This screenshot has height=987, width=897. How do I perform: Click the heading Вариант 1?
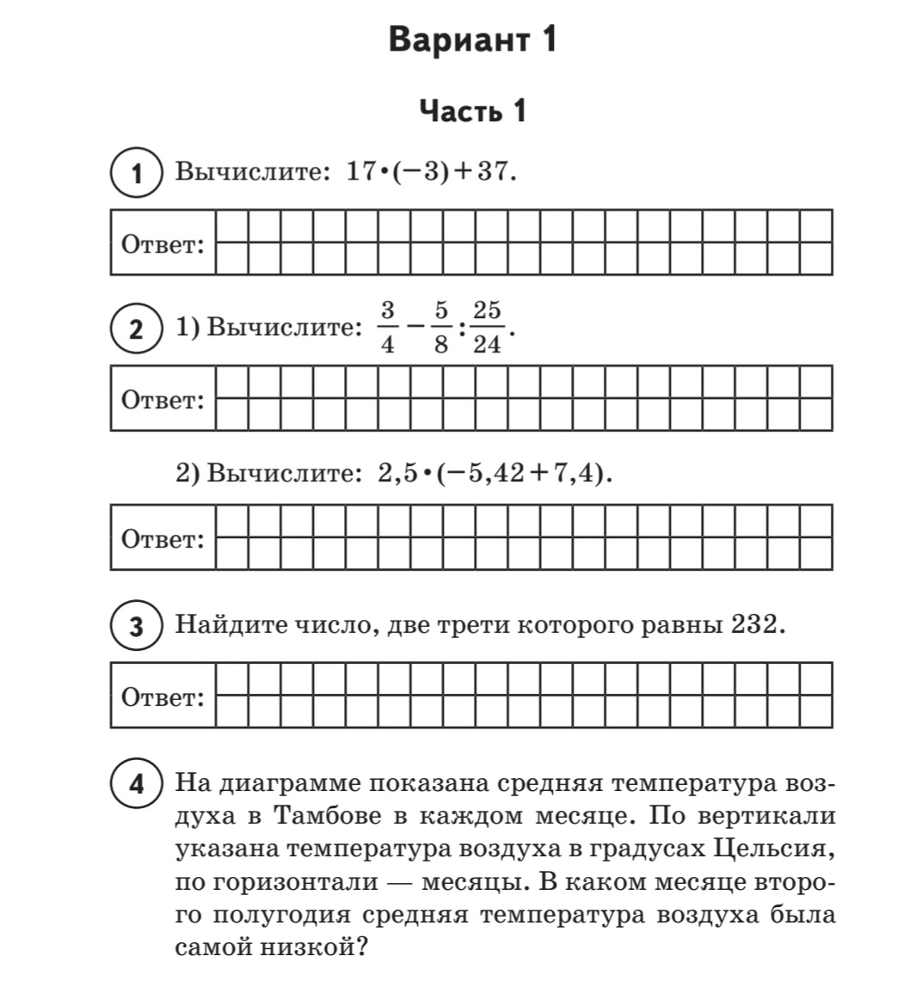point(472,40)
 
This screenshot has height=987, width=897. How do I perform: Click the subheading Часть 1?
point(472,111)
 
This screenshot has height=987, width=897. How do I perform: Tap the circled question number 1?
point(137,175)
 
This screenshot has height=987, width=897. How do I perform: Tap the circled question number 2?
point(137,329)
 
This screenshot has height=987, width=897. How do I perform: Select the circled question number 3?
point(137,627)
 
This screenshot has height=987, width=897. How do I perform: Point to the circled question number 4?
point(137,785)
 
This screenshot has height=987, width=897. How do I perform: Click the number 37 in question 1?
point(494,172)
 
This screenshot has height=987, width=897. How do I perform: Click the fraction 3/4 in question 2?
point(387,327)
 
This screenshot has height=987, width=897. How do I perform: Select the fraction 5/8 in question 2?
point(441,327)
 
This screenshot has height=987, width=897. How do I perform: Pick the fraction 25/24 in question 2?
point(488,327)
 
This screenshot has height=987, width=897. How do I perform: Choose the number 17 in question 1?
point(360,172)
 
